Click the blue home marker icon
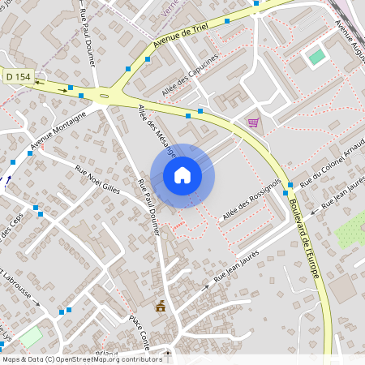(x=182, y=175)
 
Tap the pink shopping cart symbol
(x=253, y=122)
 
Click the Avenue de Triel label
(x=182, y=34)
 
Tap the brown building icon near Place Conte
(x=161, y=306)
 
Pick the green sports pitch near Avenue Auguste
(x=316, y=57)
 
